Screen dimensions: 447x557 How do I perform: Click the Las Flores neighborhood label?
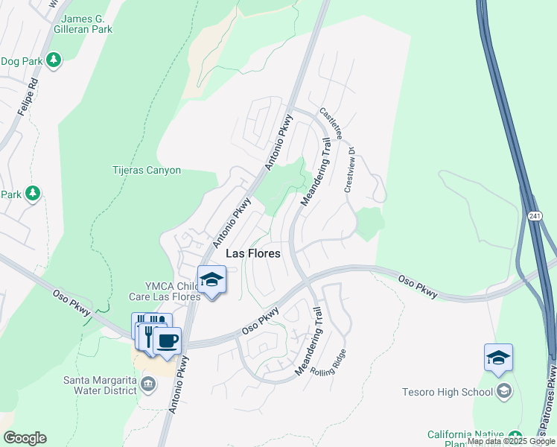[x=252, y=253]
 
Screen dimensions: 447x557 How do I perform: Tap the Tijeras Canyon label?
[x=147, y=170]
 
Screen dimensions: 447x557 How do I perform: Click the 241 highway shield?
[x=534, y=215]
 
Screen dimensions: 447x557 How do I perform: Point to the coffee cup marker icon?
[x=167, y=341]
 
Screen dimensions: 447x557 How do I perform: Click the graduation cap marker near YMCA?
[x=211, y=280]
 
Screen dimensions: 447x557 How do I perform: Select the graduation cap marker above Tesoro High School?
[x=498, y=358]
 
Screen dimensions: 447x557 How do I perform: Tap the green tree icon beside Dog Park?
[x=53, y=60]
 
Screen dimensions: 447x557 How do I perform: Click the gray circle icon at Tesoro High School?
[x=504, y=392]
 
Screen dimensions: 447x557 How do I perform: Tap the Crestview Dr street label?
[x=349, y=173]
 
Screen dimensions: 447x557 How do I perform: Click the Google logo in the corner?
[x=25, y=438]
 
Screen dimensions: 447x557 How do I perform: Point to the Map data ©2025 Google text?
[x=511, y=441]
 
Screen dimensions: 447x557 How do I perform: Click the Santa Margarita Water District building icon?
[x=147, y=384]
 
